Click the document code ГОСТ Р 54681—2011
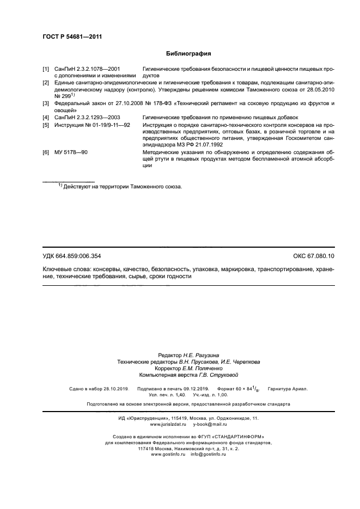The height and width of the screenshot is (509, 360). pos(72,36)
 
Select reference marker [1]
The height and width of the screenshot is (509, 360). pos(46,70)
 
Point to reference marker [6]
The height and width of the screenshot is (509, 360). pos(46,153)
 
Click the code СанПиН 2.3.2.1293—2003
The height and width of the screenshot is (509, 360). pos(88,117)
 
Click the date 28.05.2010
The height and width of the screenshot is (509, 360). pos(320,89)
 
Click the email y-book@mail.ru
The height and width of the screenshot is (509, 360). pos(210,424)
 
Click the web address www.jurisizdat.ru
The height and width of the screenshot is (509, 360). pos(168,424)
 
